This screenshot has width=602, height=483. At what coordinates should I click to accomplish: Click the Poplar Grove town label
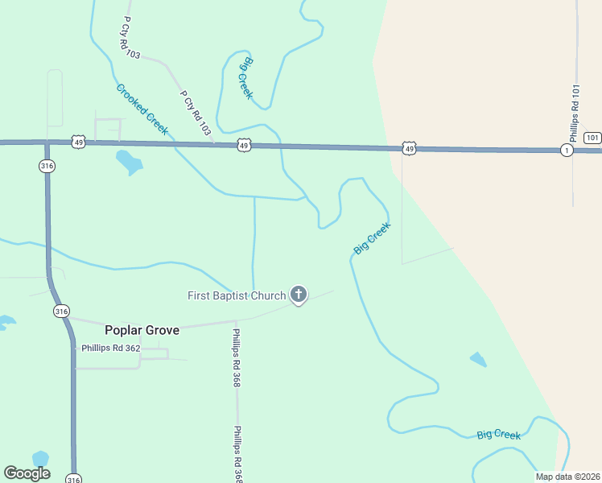coord(142,330)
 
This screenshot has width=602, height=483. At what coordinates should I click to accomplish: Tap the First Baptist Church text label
coord(237,295)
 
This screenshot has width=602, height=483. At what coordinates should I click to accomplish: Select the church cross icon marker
coord(299,295)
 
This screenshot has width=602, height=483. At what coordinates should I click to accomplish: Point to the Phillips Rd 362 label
coord(111,349)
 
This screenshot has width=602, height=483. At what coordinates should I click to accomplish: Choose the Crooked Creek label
coord(142,109)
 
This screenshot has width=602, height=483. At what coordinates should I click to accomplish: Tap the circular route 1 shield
coord(567,151)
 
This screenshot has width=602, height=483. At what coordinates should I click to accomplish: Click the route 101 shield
coord(592,137)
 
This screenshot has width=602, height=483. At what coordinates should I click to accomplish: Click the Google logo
coord(27,473)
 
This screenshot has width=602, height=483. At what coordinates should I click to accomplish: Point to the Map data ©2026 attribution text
coord(567,477)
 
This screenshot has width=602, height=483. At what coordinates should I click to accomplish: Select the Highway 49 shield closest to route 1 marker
coord(410,149)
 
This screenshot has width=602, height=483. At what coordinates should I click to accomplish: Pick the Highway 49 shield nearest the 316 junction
coord(78,142)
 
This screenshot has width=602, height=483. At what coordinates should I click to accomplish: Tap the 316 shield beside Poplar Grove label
coord(60,311)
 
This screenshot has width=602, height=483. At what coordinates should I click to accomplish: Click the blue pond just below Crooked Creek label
coord(129,162)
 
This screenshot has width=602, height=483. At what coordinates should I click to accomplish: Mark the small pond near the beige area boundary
coord(478,359)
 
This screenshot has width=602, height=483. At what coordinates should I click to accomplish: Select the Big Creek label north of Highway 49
coord(246,78)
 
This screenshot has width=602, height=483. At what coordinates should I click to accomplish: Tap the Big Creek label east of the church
coord(372,239)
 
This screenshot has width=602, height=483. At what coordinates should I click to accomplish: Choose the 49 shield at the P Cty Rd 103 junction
coord(244,145)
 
